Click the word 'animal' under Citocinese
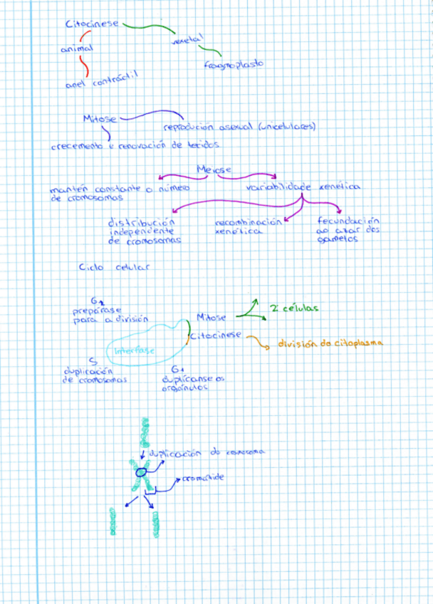coord(76,49)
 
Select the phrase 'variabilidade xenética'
coord(303,187)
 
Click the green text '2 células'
coord(293,308)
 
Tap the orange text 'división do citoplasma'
coord(329,343)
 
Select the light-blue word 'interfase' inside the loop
coord(135,350)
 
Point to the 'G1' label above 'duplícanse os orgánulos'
coord(177,370)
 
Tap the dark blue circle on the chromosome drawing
coord(141,472)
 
